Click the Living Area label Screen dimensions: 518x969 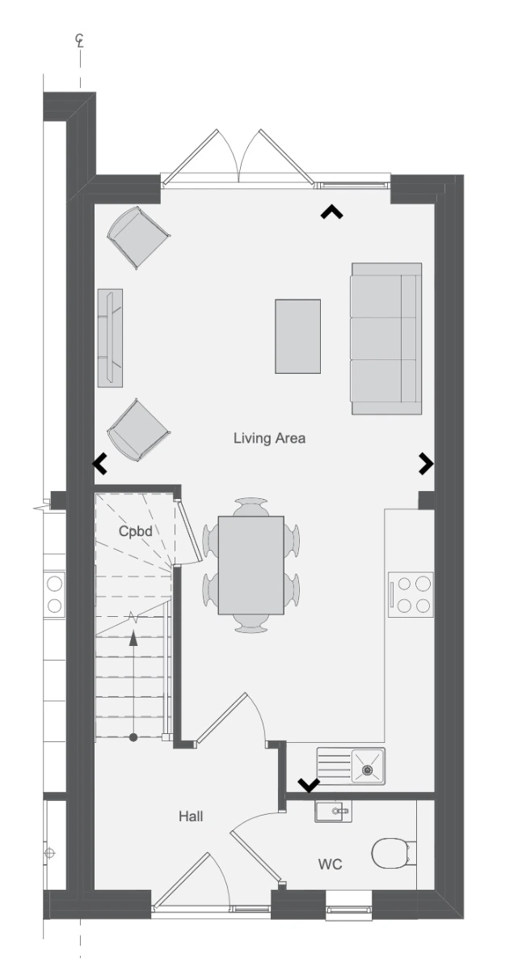(269, 438)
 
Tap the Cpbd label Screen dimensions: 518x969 (135, 531)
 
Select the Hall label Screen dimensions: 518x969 (191, 816)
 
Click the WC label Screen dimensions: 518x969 (331, 864)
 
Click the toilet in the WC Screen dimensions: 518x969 (394, 854)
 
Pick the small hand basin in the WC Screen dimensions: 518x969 (333, 811)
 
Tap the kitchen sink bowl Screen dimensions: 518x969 (368, 766)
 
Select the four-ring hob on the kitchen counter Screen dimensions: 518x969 (411, 594)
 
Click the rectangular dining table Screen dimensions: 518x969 (251, 565)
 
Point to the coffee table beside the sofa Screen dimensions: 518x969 (297, 336)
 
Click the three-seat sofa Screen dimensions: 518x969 (386, 338)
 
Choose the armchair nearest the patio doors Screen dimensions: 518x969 (138, 237)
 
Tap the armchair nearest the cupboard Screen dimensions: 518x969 (138, 430)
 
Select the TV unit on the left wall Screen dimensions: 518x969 (110, 338)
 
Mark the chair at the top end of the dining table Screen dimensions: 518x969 (251, 506)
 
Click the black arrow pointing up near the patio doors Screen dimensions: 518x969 (331, 212)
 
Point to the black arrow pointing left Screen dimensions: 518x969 (99, 464)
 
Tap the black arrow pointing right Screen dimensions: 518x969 (426, 464)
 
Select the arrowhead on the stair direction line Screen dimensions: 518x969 (133, 638)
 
